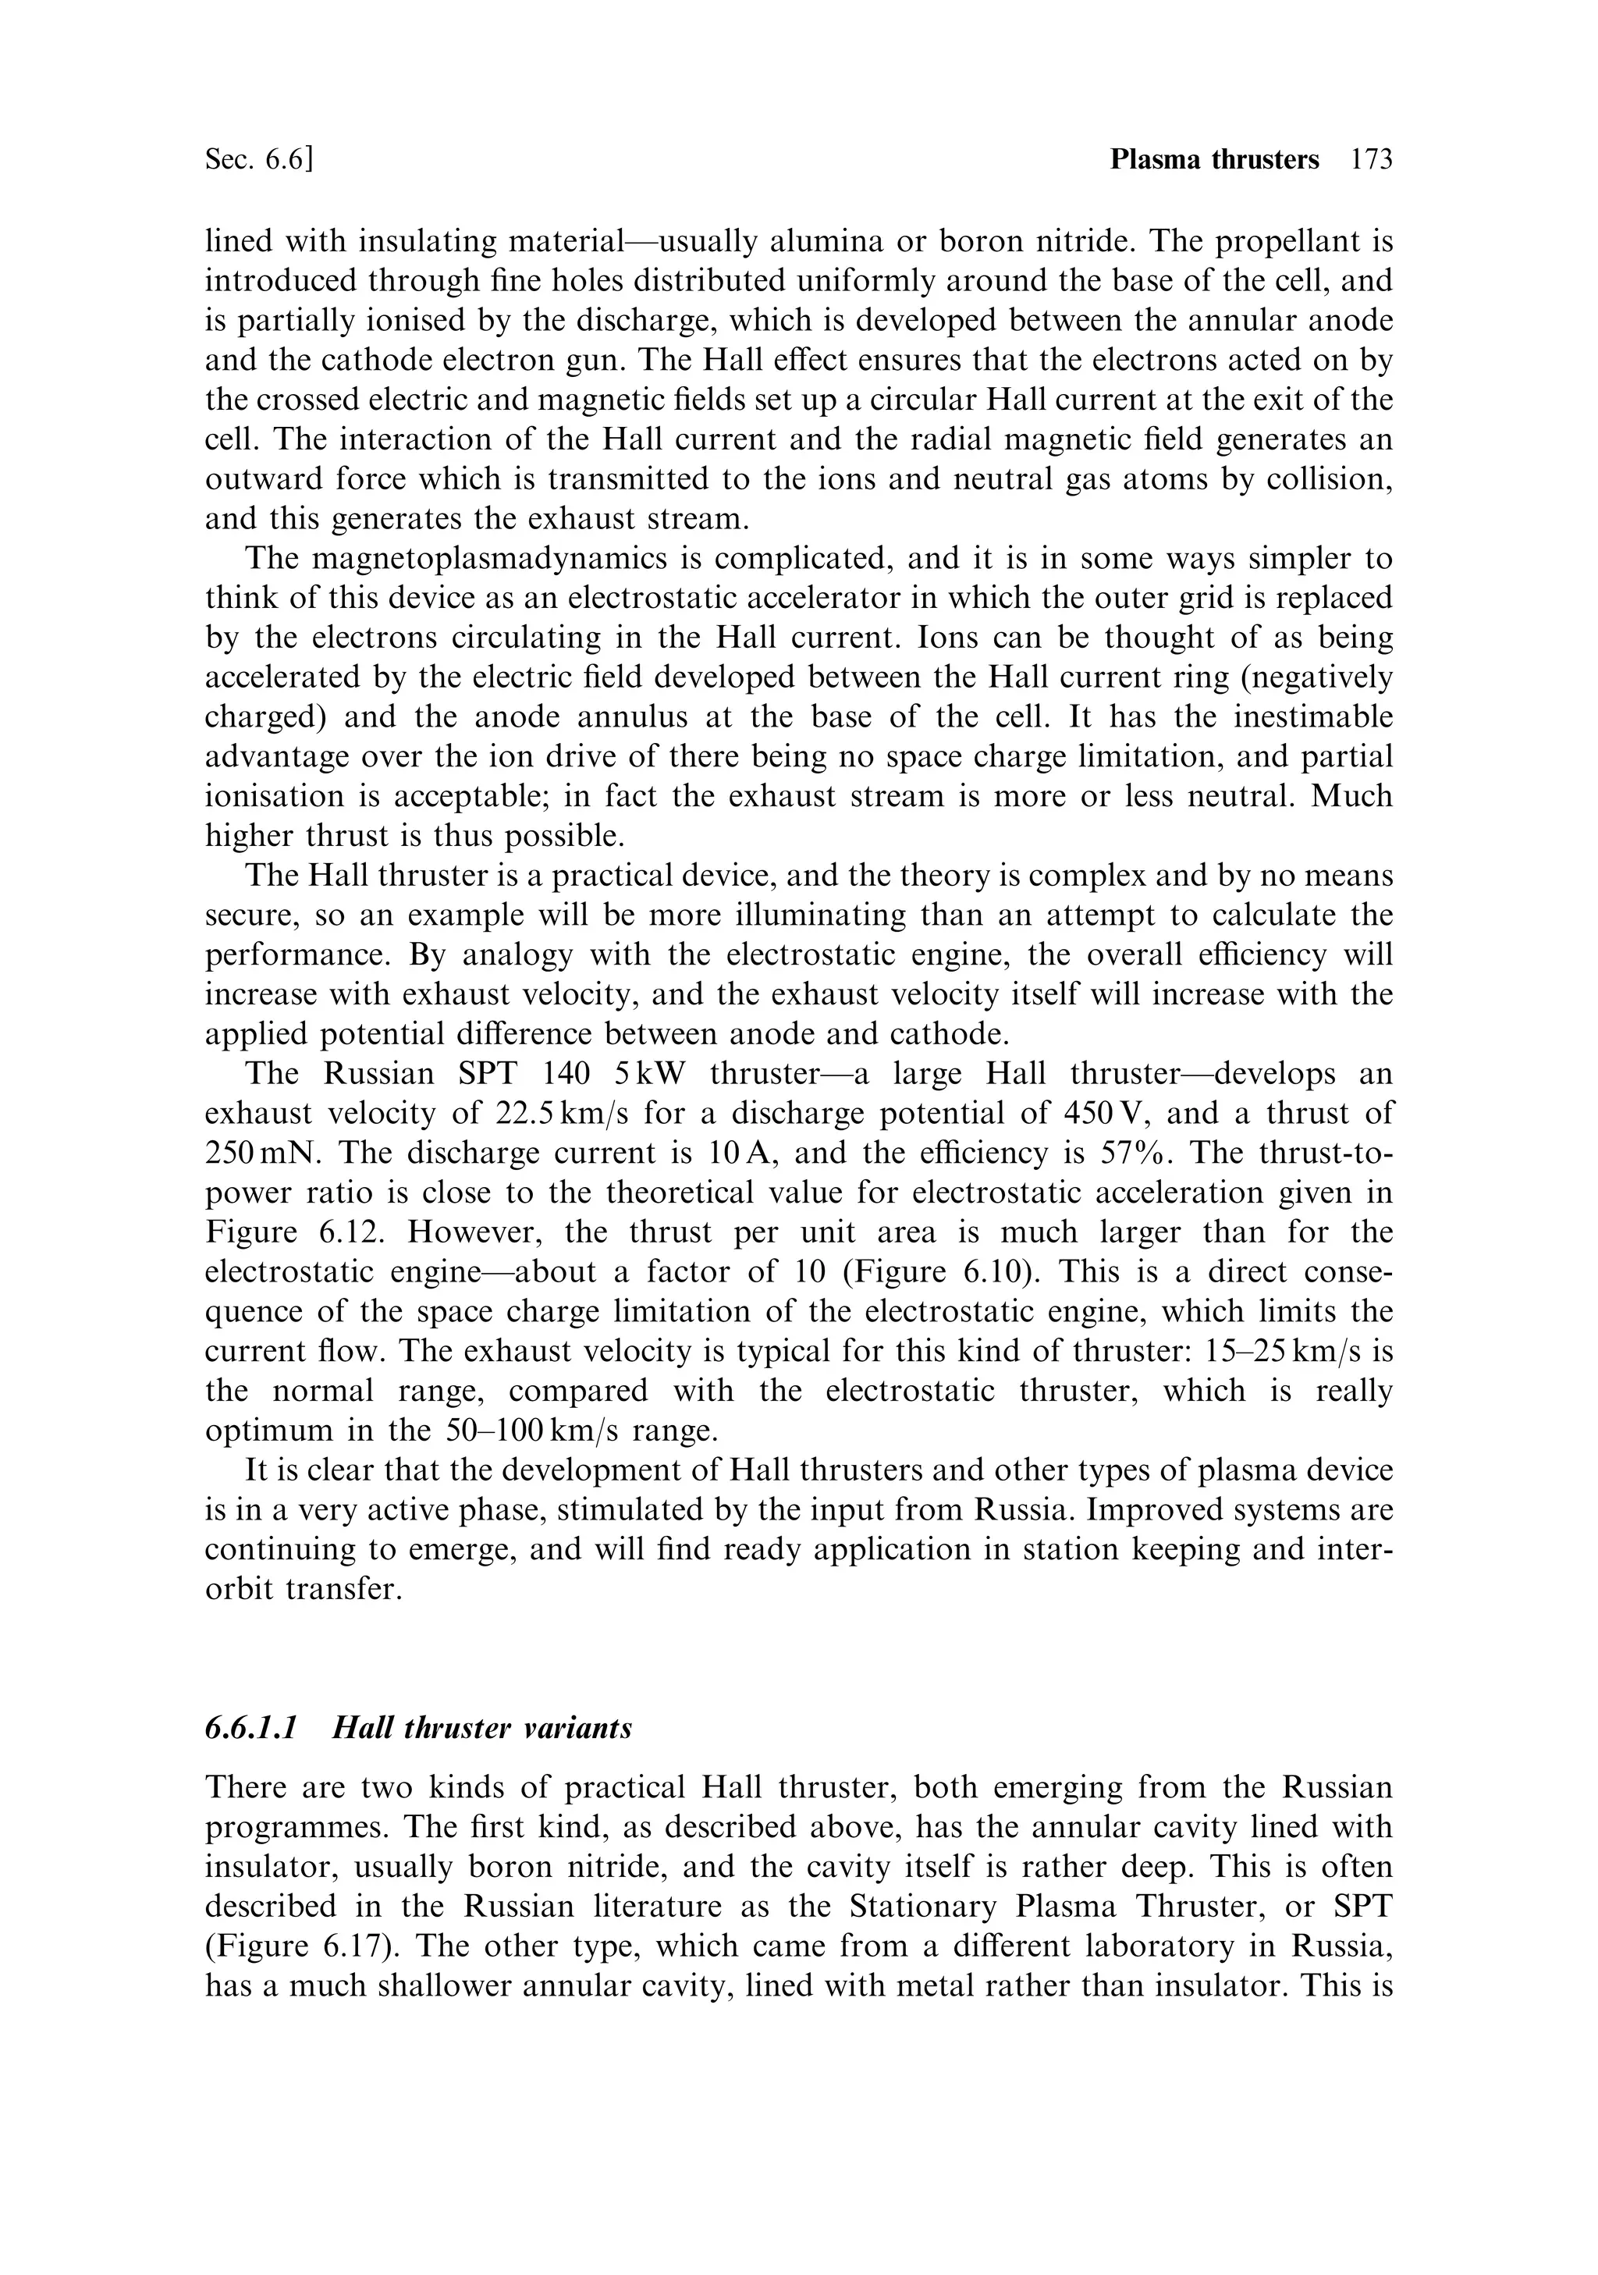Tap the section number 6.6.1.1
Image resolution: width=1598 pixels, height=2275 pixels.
pyautogui.click(x=250, y=1728)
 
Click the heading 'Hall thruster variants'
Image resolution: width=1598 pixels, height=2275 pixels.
pyautogui.click(x=481, y=1728)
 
